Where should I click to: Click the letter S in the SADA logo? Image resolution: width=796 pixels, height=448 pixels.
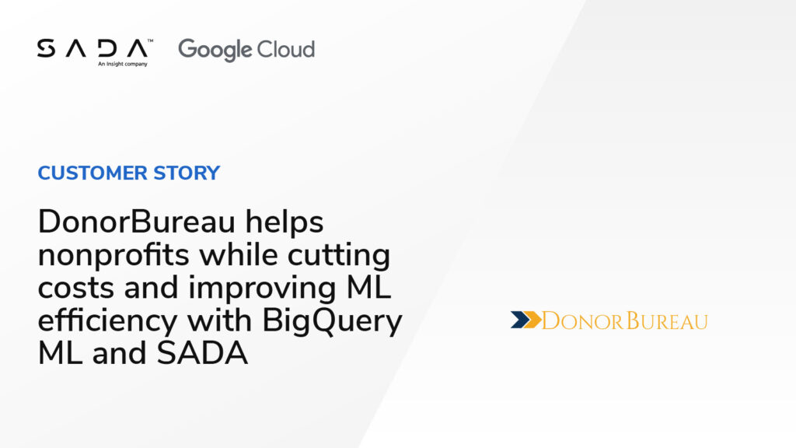pos(46,48)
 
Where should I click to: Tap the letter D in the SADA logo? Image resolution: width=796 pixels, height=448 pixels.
pos(107,48)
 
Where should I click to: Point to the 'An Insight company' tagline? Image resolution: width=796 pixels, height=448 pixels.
pos(122,64)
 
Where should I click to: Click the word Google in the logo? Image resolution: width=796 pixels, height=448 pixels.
pos(215,51)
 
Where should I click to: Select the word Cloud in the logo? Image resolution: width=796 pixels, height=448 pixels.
pos(286,49)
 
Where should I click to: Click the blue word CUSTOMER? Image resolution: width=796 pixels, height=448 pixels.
pos(93,173)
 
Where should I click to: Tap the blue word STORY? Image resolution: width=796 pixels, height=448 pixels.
pos(187,173)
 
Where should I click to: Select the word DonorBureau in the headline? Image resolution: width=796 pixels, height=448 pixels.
pos(137,222)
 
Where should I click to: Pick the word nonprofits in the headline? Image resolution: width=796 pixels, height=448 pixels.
pos(113,255)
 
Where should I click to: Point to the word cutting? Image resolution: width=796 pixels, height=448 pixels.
pos(339,255)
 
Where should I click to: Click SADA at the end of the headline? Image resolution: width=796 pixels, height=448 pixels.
pos(202,354)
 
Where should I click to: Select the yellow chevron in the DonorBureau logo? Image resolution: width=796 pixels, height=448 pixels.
pos(532,320)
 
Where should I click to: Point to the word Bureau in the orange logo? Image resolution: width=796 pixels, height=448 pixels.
pos(666,321)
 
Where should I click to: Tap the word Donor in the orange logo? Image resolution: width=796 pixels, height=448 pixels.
pos(583,321)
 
